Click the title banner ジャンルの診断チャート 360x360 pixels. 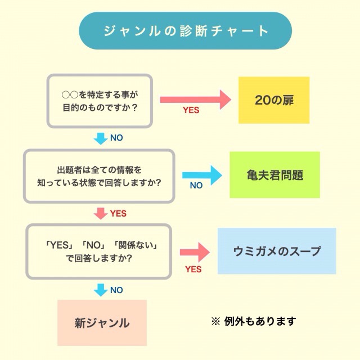(186, 31)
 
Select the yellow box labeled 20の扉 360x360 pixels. (274, 100)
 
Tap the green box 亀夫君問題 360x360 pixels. (274, 175)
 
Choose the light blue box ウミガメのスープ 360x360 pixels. (277, 251)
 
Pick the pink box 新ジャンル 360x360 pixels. (102, 323)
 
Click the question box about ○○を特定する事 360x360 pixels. (99, 100)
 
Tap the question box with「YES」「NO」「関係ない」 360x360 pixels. (99, 251)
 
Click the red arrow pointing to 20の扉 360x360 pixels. (195, 100)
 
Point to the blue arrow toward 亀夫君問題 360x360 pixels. (202, 175)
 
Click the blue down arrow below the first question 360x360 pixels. (100, 138)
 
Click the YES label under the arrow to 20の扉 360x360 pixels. (191, 110)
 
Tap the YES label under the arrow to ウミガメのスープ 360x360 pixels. (193, 269)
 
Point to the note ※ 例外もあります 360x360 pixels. (253, 322)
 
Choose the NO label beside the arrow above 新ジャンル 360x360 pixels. (116, 290)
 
